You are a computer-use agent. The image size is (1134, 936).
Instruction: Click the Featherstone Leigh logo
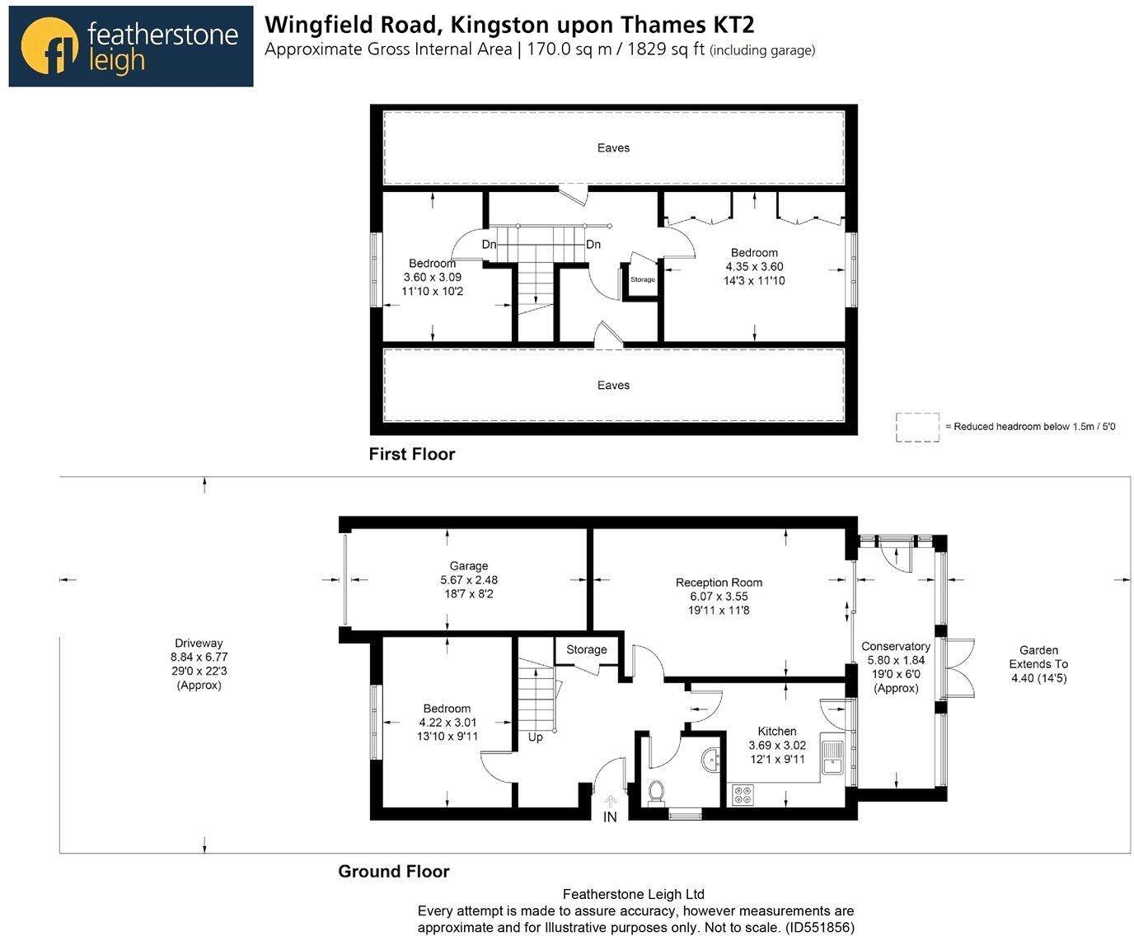pyautogui.click(x=130, y=46)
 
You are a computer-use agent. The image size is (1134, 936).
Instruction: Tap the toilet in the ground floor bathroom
pyautogui.click(x=657, y=791)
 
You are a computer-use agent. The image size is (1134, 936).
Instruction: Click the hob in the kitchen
pyautogui.click(x=743, y=795)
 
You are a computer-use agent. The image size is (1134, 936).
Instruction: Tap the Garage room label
pyautogui.click(x=469, y=566)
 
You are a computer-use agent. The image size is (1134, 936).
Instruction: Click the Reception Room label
pyautogui.click(x=719, y=583)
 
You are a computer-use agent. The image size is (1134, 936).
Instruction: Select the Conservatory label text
pyautogui.click(x=896, y=647)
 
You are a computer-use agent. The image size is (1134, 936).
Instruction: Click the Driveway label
pyautogui.click(x=199, y=643)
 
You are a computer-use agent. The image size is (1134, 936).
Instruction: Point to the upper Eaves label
pyautogui.click(x=613, y=148)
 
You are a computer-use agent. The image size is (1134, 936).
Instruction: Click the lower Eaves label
pyautogui.click(x=613, y=386)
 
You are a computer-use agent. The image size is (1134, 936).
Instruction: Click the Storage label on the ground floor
pyautogui.click(x=586, y=650)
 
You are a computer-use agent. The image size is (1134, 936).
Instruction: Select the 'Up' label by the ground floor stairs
pyautogui.click(x=536, y=737)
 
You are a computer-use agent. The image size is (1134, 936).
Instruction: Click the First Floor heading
pyautogui.click(x=412, y=454)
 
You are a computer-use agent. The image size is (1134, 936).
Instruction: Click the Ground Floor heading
pyautogui.click(x=394, y=872)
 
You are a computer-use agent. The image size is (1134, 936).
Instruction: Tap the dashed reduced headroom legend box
pyautogui.click(x=917, y=427)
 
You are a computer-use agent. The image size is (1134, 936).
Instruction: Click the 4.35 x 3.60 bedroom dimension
pyautogui.click(x=754, y=267)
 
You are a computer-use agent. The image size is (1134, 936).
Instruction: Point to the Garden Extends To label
pyautogui.click(x=1038, y=657)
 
